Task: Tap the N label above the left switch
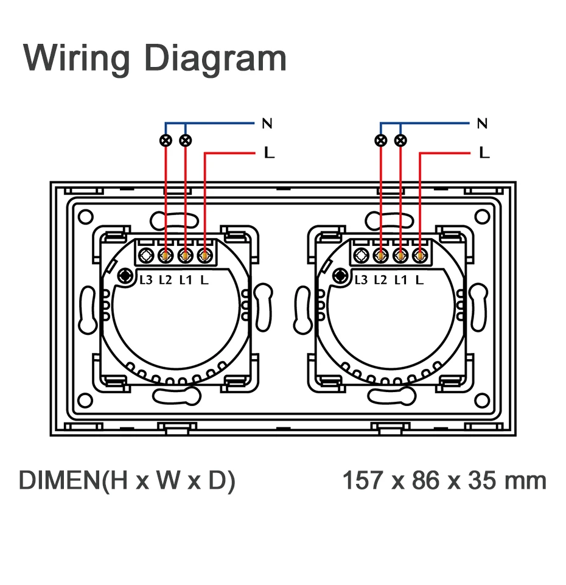pyautogui.click(x=267, y=124)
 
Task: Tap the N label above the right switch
pyautogui.click(x=482, y=124)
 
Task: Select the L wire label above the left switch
pyautogui.click(x=269, y=153)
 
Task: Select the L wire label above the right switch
pyautogui.click(x=484, y=153)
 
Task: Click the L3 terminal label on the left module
pyautogui.click(x=146, y=280)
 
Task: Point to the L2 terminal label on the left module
pyautogui.click(x=166, y=280)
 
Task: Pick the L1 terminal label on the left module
pyautogui.click(x=186, y=280)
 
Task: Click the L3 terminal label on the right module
pyautogui.click(x=361, y=280)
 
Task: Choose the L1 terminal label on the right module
pyautogui.click(x=400, y=280)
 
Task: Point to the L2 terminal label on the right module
pyautogui.click(x=380, y=280)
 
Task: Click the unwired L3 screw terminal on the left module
pyautogui.click(x=146, y=256)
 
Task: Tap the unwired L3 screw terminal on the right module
pyautogui.click(x=361, y=256)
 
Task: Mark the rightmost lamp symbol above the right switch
pyautogui.click(x=400, y=141)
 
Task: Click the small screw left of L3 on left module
pyautogui.click(x=125, y=276)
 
